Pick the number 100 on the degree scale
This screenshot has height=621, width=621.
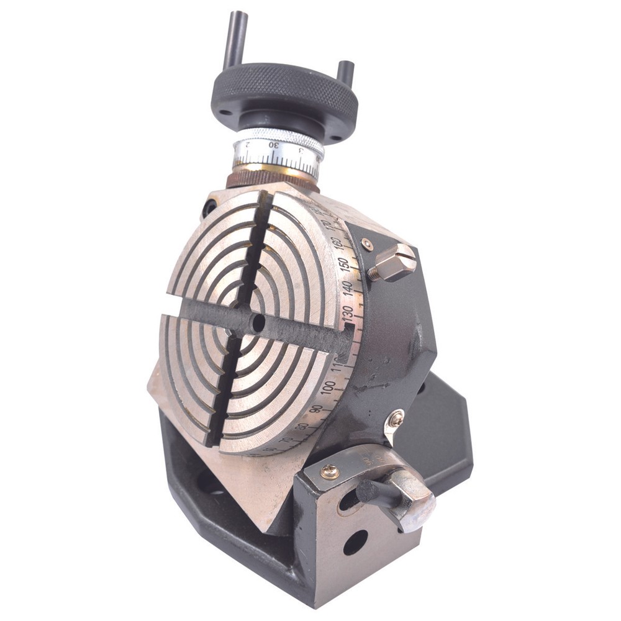coord(329,387)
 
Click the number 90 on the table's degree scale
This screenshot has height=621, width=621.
coord(316,410)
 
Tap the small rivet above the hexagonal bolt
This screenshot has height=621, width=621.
coord(368,244)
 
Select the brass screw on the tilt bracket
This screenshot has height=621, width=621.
coord(330,472)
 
